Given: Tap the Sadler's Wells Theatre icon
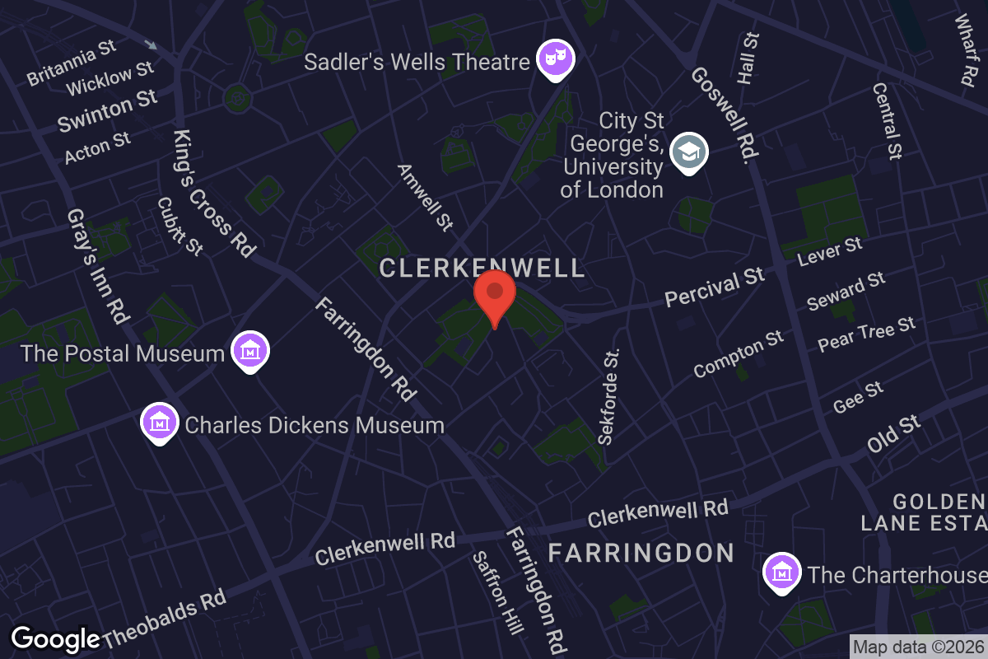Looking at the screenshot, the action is (x=556, y=59).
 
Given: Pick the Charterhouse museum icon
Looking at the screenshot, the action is (x=781, y=573).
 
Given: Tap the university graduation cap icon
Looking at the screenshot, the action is (x=689, y=152).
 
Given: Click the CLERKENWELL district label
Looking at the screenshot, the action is (x=482, y=268).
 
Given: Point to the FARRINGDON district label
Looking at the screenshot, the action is (x=641, y=552).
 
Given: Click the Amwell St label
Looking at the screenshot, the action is (x=426, y=197).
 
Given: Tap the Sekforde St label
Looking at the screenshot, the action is (x=610, y=396).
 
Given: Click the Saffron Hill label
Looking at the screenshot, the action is (x=498, y=593).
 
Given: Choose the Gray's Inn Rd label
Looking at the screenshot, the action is (x=98, y=265).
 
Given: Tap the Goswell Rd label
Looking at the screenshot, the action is (x=725, y=113).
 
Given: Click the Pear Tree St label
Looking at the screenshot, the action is (x=866, y=334).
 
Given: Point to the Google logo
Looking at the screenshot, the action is (x=55, y=638).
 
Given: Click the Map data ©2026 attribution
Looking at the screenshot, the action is (x=918, y=647).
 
